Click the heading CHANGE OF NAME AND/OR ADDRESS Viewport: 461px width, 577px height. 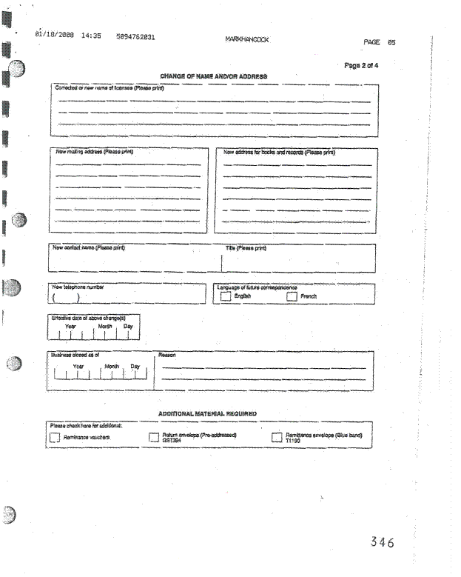[x=213, y=76]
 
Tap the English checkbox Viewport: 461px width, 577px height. [x=226, y=296]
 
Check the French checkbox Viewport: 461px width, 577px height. [x=292, y=296]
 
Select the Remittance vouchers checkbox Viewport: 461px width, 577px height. [x=54, y=438]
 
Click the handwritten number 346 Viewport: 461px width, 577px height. [x=382, y=542]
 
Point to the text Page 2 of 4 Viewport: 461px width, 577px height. [x=362, y=65]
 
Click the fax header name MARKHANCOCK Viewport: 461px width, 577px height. [x=247, y=39]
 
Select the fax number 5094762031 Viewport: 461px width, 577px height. [x=135, y=36]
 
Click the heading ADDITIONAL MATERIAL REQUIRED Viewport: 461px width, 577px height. [x=207, y=413]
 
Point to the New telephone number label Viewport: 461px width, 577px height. [x=78, y=287]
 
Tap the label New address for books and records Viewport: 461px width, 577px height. [x=279, y=152]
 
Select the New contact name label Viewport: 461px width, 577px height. [x=88, y=247]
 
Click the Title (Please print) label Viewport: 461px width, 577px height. [x=246, y=248]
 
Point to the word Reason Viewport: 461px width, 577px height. [x=167, y=355]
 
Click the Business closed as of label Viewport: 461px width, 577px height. [x=75, y=355]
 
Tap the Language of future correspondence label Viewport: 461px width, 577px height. [x=257, y=287]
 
